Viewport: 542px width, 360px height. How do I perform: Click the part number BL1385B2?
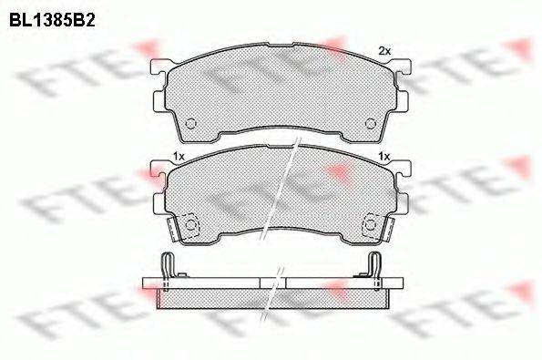(x=52, y=21)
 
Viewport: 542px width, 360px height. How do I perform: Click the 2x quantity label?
(x=384, y=52)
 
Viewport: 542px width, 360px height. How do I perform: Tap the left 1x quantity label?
(x=179, y=157)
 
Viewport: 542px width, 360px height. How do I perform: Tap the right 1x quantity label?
(x=384, y=157)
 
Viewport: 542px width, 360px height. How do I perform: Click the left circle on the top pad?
(x=190, y=123)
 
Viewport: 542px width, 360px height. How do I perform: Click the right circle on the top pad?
(x=371, y=123)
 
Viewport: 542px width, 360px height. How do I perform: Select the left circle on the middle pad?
(x=190, y=225)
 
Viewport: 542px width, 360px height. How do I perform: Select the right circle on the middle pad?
(x=371, y=225)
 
